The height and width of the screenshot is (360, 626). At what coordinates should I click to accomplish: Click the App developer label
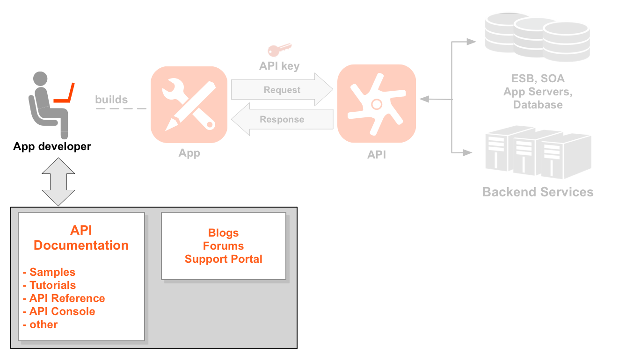52,146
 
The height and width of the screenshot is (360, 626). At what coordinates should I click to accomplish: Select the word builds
111,100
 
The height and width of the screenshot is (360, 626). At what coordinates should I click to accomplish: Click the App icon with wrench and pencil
189,105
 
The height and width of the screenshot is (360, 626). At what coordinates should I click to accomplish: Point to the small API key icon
279,50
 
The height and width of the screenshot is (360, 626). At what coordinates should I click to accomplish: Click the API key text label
279,66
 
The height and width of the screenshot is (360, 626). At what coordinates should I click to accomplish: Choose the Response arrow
282,119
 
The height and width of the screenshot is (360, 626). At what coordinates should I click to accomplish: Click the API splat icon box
377,104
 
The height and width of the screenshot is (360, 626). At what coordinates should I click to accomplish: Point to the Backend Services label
538,192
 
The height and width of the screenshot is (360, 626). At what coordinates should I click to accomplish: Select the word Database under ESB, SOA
538,105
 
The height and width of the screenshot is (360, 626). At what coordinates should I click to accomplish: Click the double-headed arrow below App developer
58,181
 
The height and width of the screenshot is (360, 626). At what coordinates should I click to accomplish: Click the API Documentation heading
81,238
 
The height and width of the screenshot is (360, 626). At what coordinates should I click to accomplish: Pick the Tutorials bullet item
52,285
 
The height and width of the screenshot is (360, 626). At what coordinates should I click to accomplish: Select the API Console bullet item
62,311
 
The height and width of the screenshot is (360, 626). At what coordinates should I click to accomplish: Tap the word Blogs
223,233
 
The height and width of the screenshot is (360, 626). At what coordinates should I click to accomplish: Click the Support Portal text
223,259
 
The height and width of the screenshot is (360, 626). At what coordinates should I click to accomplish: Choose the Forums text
223,246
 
